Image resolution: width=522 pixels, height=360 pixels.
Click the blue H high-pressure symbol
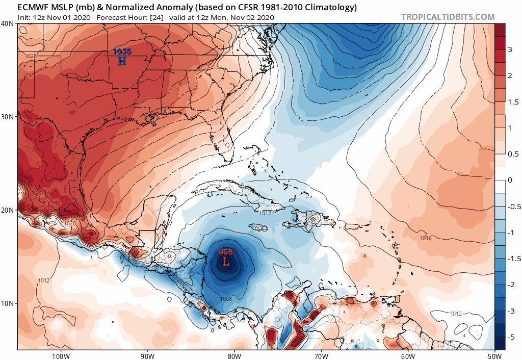click(122, 61)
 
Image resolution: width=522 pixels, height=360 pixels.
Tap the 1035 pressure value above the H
click(122, 52)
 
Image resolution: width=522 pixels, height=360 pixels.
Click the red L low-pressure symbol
click(226, 262)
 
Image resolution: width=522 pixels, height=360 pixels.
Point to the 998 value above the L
click(226, 252)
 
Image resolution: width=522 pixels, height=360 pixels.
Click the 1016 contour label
click(426, 238)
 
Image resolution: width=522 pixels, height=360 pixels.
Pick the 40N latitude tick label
click(8, 23)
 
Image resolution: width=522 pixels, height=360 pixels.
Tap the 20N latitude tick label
click(8, 210)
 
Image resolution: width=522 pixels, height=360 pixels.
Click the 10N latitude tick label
click(8, 303)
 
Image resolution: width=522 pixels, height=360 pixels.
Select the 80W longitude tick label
click(234, 355)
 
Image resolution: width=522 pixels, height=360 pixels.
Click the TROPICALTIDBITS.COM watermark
click(448, 17)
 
